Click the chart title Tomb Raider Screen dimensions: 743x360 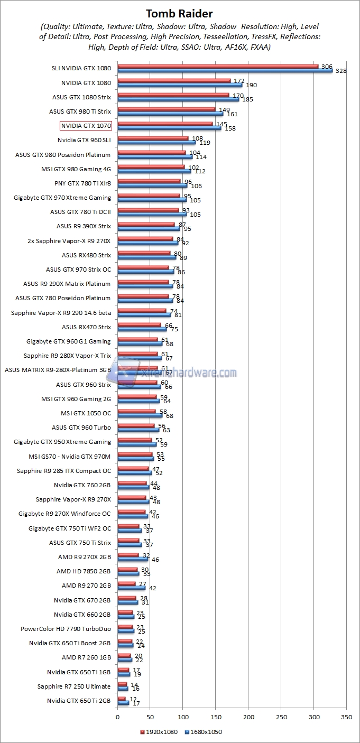[179, 13]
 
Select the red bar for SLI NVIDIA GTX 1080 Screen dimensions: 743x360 [218, 67]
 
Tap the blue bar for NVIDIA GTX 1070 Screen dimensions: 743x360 [169, 128]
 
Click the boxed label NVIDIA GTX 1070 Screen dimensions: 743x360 [86, 126]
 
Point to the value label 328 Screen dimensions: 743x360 [341, 71]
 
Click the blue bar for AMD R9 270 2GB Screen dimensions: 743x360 [131, 588]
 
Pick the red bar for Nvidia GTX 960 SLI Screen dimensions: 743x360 [153, 138]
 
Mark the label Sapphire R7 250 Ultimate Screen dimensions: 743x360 [74, 686]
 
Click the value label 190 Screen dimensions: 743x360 [251, 85]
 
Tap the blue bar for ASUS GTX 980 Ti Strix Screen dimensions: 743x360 [170, 114]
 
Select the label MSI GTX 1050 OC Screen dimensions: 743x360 [86, 413]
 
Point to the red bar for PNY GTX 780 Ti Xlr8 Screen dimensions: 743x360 [149, 181]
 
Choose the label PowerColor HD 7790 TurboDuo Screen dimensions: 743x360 [66, 629]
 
